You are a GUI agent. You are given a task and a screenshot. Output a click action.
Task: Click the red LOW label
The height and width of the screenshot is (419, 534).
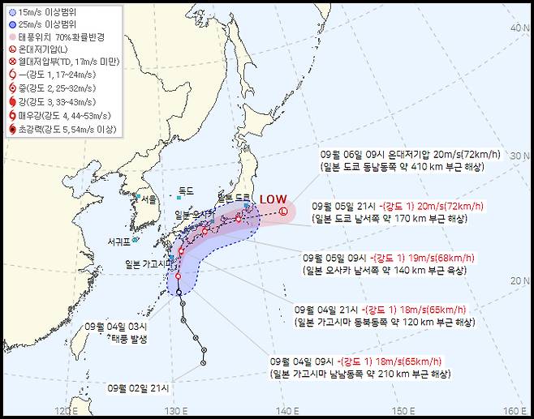click(272, 199)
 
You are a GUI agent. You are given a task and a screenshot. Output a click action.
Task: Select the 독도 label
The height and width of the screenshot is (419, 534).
click(186, 190)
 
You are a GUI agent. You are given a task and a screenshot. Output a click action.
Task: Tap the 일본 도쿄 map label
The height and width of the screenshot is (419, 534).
click(235, 198)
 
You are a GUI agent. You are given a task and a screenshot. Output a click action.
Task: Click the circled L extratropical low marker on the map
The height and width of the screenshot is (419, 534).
click(283, 212)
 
